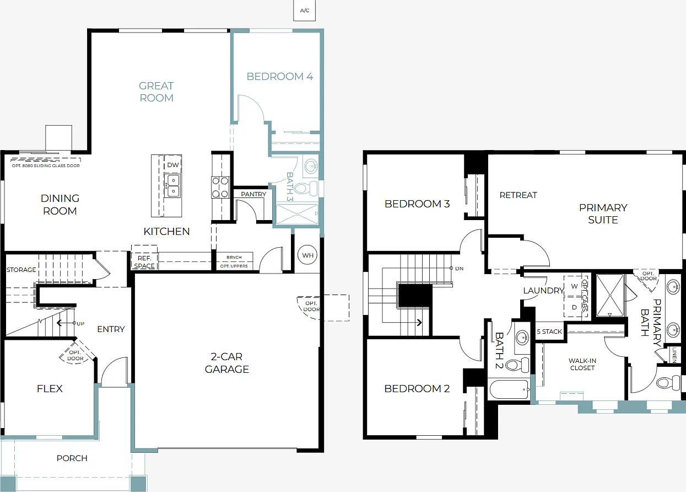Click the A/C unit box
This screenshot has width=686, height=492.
304,10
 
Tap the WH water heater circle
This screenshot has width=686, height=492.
307,255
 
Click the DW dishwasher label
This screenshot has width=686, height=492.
172,165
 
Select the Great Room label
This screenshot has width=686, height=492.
156,92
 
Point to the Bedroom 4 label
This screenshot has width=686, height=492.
279,76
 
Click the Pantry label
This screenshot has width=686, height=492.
253,194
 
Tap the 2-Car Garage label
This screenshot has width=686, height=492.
226,362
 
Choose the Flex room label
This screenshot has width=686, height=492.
50,388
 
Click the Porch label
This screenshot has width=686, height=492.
72,458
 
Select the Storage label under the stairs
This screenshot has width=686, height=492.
21,270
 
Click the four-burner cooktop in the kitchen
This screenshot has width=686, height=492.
220,187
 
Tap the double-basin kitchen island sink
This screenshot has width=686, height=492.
172,186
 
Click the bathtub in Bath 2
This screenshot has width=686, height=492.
509,389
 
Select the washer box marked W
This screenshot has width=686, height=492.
574,286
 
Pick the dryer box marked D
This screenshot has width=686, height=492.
574,307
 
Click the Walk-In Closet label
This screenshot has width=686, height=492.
582,364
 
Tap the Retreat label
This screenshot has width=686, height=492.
518,195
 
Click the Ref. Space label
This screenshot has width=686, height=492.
144,262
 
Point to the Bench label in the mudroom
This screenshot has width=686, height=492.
234,257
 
